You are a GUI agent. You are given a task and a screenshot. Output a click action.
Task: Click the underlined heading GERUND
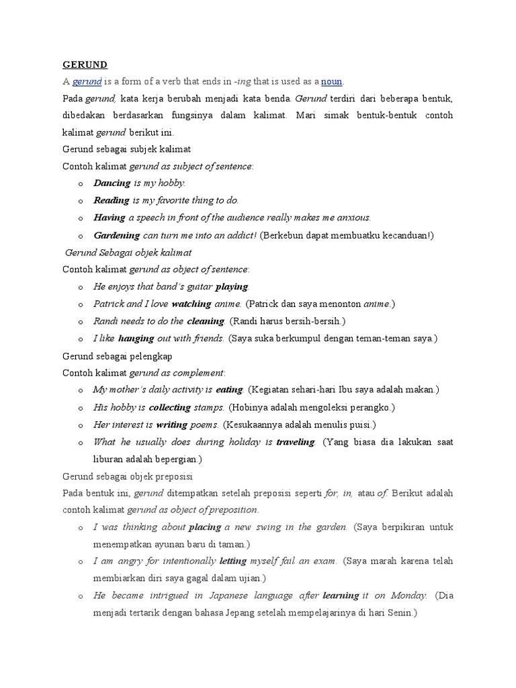point(85,64)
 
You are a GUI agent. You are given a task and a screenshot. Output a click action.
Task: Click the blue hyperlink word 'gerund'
point(87,82)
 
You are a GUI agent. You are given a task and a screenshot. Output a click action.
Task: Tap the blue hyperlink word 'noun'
point(332,82)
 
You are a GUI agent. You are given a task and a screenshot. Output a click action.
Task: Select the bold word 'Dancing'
point(112,183)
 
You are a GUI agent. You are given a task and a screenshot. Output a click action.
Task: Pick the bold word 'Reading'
point(112,200)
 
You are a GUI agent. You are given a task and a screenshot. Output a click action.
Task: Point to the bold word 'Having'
point(110,218)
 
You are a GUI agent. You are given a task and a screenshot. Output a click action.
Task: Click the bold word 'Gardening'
point(117,235)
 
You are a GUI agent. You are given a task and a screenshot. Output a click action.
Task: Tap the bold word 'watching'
point(191,304)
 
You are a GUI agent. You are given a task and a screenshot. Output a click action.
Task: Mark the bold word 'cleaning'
point(206,321)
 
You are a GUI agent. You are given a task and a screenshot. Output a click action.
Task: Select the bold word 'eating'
point(229,390)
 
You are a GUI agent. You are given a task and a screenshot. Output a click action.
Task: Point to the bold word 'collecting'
point(170,407)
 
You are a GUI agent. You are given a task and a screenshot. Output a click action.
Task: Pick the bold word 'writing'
point(171,425)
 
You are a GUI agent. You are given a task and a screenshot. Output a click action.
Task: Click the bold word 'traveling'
point(296,442)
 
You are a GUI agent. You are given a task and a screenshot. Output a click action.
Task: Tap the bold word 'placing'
point(205,527)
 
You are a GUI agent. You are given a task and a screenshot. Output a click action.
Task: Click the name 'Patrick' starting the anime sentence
point(107,304)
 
